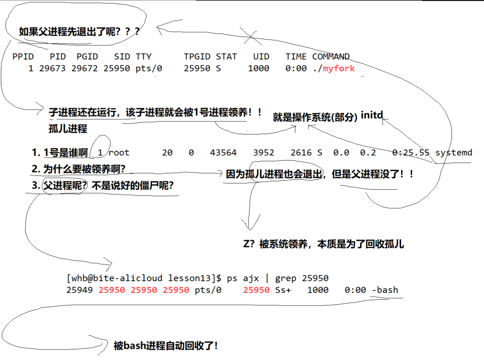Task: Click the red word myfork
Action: click(x=339, y=68)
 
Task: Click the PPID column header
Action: click(x=23, y=56)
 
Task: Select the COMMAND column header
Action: click(x=331, y=56)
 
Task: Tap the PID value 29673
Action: click(x=52, y=68)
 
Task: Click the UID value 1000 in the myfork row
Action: click(x=258, y=68)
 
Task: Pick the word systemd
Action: click(x=453, y=152)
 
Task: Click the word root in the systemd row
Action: click(x=119, y=152)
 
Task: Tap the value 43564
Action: click(x=223, y=152)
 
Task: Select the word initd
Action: click(x=372, y=115)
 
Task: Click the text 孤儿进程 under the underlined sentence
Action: click(x=68, y=129)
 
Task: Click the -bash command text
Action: click(x=385, y=290)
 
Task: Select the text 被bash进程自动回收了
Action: click(x=166, y=346)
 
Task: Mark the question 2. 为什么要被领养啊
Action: click(x=79, y=169)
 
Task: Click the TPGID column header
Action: click(x=197, y=56)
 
